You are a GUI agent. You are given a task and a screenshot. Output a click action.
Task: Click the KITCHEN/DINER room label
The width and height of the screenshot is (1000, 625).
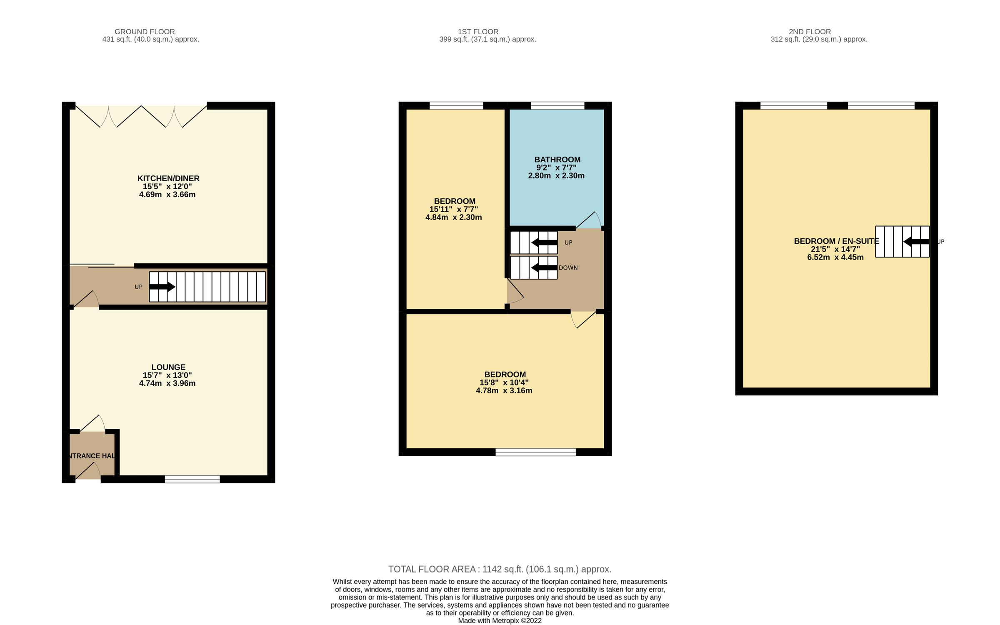pos(168,178)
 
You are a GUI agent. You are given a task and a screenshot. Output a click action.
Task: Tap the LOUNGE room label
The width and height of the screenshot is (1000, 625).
pos(168,367)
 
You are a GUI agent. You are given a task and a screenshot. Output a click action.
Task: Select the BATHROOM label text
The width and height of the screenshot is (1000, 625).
pos(557,160)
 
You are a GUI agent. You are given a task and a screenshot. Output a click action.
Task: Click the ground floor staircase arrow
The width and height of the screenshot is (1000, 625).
pos(162,287)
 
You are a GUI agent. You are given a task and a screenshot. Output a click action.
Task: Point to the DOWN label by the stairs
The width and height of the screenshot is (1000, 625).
pos(568,268)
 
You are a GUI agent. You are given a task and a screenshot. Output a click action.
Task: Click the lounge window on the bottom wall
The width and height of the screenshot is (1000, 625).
pos(192,480)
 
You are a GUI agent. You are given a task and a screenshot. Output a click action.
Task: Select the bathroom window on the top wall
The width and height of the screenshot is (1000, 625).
pos(557,105)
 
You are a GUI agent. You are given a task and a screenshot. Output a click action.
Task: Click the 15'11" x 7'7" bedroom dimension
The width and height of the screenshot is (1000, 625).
pos(453,209)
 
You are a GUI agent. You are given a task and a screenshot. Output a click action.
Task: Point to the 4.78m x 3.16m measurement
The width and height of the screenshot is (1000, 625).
pos(504,391)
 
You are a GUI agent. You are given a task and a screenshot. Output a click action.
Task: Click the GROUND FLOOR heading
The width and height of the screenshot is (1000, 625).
pos(145,32)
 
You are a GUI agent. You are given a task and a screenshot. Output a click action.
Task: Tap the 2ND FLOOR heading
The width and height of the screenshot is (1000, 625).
pos(810,32)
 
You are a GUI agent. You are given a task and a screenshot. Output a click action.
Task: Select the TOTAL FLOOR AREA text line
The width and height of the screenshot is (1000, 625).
pos(500,569)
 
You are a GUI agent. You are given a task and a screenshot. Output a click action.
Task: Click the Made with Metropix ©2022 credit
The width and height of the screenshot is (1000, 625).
pos(500,621)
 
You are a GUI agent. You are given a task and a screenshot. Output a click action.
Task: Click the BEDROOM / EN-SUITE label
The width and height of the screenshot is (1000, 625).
pos(836,241)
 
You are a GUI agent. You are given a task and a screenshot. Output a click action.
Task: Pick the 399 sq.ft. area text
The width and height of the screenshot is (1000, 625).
pos(487,40)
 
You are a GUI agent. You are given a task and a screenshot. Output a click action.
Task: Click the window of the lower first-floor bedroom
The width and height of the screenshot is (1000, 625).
pos(535,452)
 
